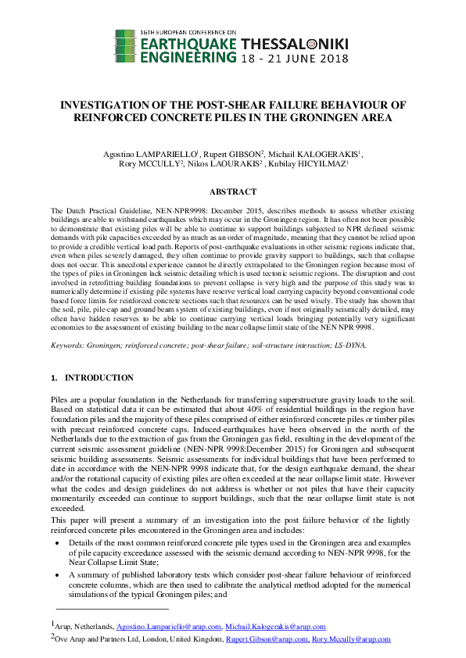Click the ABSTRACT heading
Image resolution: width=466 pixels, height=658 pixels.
pos(233,191)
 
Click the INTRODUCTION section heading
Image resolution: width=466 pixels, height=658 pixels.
pos(99,377)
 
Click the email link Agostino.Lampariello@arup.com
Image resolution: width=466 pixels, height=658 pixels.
pos(168,627)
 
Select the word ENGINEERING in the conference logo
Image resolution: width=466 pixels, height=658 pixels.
pos(186,58)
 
